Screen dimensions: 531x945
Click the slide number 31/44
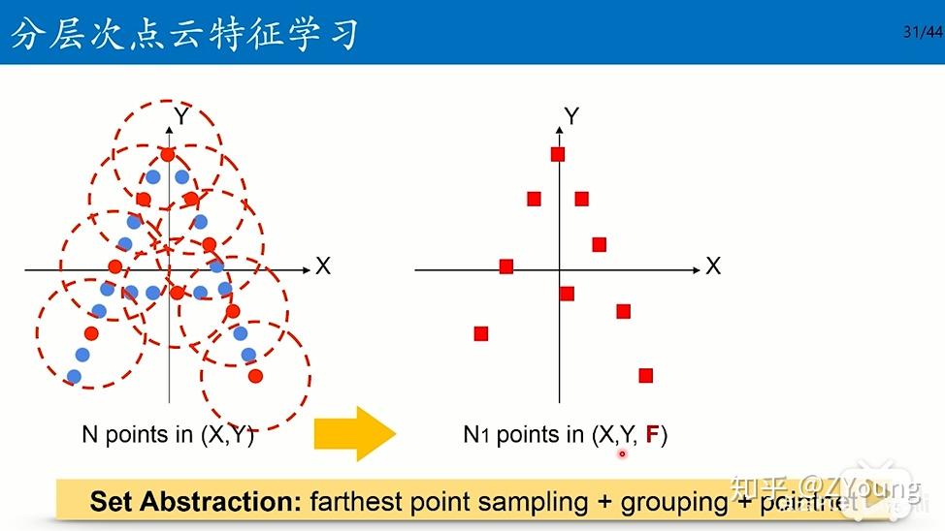[x=922, y=31]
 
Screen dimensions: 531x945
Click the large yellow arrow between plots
[x=355, y=433]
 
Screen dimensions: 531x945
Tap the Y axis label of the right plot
[x=571, y=116]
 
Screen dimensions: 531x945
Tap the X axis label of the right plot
[x=713, y=265]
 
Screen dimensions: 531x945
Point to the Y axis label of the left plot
[x=180, y=116]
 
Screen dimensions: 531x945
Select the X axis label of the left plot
[x=323, y=265]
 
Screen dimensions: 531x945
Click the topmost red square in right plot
[x=558, y=154]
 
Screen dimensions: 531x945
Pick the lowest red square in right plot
[x=646, y=375]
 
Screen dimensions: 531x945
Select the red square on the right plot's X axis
[x=505, y=266]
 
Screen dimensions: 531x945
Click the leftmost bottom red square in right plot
[x=481, y=333]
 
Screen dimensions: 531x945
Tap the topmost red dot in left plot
[x=168, y=154]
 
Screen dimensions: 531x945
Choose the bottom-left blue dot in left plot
[x=74, y=376]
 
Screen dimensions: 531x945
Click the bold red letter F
[x=653, y=436]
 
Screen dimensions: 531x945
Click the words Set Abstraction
[x=195, y=502]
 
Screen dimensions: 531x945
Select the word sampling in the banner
[x=540, y=502]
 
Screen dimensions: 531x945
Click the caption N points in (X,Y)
[x=168, y=436]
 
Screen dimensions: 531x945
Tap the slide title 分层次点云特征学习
[x=184, y=33]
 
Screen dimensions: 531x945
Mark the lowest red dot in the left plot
[x=255, y=376]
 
